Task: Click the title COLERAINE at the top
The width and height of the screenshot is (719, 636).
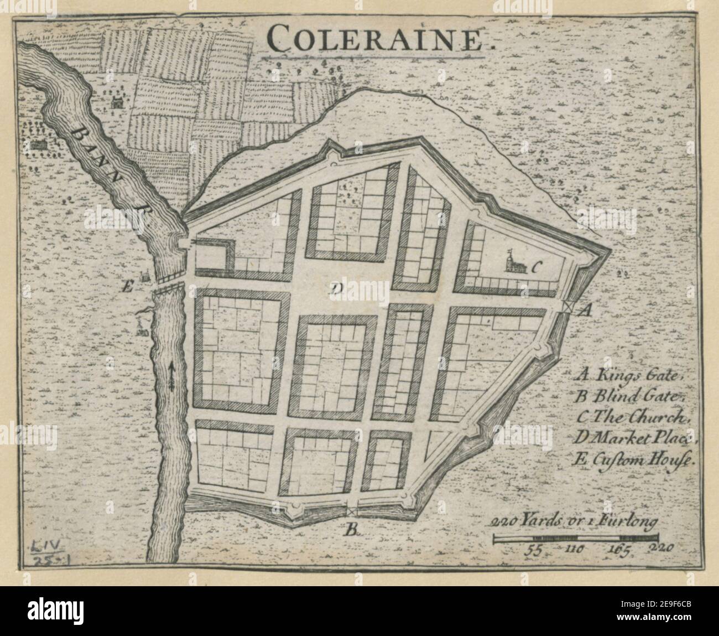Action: coord(377,39)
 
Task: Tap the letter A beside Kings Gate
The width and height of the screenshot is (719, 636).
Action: coord(584,311)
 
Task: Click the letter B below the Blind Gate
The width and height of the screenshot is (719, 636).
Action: coord(352,530)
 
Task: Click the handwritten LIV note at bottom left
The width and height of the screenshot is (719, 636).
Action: coord(44,548)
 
